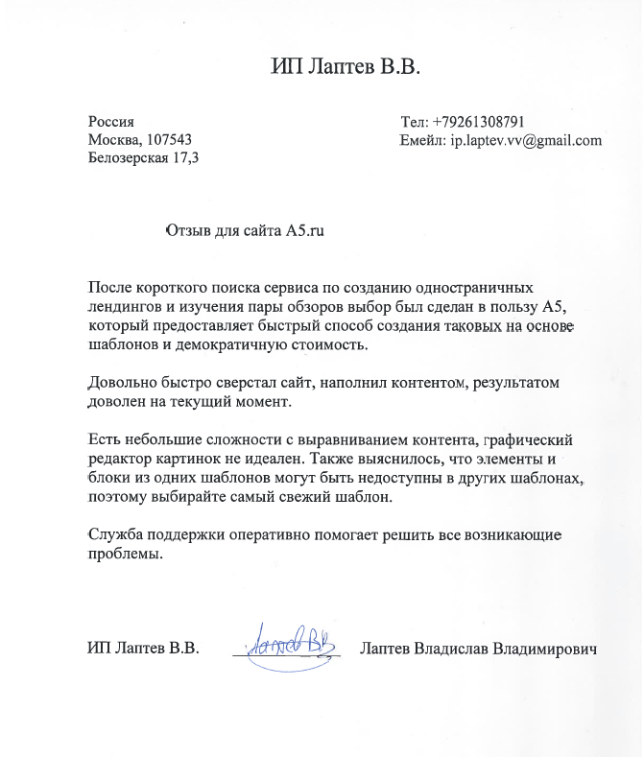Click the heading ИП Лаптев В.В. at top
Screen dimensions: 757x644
[x=346, y=67]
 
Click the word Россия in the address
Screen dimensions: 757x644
[x=110, y=122]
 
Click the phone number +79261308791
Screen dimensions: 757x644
[x=478, y=122]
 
